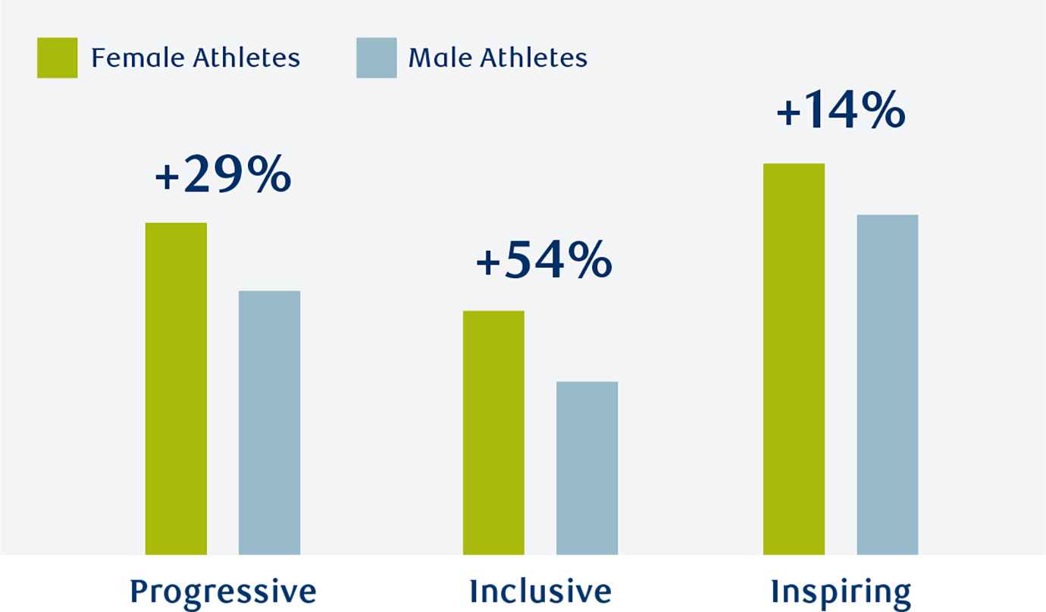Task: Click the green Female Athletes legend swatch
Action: pos(57,58)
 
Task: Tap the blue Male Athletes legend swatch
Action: pos(376,58)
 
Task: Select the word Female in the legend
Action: pos(137,58)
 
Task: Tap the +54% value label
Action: pos(543,261)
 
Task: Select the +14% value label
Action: pos(841,111)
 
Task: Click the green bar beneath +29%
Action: pos(176,394)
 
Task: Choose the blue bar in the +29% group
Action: pos(269,428)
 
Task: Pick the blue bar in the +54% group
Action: pos(587,474)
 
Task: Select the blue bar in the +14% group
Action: pos(887,391)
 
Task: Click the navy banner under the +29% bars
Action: pos(223,595)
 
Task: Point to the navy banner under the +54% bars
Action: pos(540,595)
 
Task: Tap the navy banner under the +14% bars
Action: pos(844,595)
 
